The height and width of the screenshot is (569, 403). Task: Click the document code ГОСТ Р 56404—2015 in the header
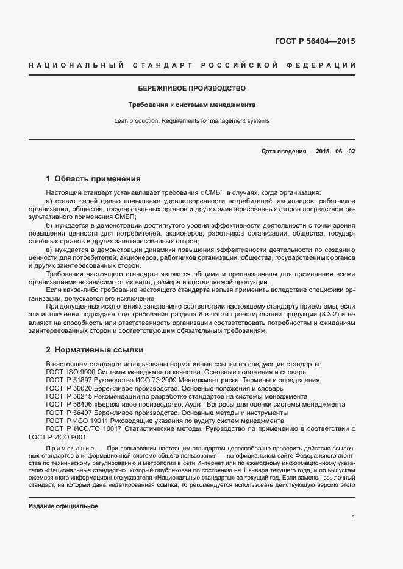click(315, 42)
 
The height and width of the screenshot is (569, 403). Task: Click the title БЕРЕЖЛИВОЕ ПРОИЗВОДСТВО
click(192, 89)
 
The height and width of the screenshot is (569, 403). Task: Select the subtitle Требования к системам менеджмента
click(192, 105)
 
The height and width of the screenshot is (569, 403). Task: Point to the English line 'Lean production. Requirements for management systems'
click(191, 120)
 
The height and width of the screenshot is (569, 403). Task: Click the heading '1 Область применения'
click(93, 179)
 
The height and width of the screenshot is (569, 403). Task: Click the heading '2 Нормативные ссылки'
click(95, 351)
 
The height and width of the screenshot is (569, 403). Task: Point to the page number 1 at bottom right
click(353, 517)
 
